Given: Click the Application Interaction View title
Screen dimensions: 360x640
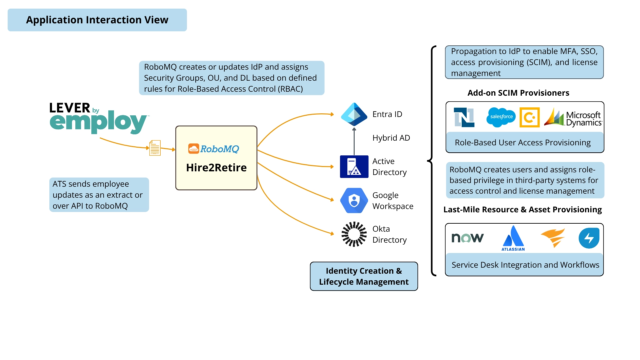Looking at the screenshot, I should (x=97, y=20).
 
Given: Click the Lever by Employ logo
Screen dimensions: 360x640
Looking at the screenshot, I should (x=98, y=118).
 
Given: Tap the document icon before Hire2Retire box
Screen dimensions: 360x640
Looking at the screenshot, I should (x=155, y=148).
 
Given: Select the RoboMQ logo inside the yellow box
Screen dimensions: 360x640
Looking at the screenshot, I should (x=214, y=149).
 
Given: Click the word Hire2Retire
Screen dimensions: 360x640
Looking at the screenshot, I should (x=216, y=168).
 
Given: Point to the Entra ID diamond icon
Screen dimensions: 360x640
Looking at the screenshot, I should (x=354, y=114).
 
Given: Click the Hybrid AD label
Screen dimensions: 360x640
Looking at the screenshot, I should (x=391, y=138).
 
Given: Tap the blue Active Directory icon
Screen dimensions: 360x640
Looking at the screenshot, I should (x=354, y=167).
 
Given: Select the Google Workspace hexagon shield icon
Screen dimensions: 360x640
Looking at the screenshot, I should (x=354, y=201).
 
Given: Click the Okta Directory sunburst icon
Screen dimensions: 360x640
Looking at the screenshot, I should (x=354, y=234).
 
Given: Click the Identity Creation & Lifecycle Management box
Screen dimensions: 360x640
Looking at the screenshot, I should (x=364, y=276).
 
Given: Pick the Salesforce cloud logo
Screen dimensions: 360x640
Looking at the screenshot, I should (x=501, y=117).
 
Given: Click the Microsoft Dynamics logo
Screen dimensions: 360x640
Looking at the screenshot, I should (x=573, y=118).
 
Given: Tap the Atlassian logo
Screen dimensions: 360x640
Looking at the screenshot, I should (x=513, y=238).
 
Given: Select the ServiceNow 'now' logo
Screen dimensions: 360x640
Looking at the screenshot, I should (x=467, y=238).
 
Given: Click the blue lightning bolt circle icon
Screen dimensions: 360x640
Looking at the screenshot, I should (x=589, y=238).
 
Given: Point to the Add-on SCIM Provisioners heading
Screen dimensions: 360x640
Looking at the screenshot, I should (x=518, y=93).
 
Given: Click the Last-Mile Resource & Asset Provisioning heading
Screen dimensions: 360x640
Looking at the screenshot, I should (x=522, y=210).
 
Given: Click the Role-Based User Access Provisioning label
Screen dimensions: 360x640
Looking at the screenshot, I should (x=522, y=143).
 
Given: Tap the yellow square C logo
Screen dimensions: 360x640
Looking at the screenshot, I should (x=529, y=117).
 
